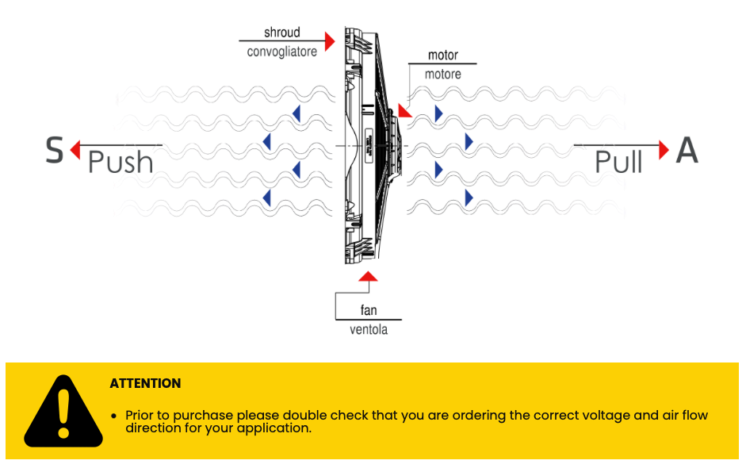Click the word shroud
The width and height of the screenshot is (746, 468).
tap(282, 33)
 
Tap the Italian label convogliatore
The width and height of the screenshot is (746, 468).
tap(281, 52)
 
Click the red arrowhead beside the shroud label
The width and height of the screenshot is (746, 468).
tap(331, 37)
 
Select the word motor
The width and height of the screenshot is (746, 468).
tap(442, 56)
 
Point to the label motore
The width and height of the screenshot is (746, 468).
tap(442, 74)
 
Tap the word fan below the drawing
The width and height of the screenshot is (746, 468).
tap(369, 310)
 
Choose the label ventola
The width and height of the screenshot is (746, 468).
tap(369, 329)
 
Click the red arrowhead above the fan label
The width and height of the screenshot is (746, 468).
tap(368, 275)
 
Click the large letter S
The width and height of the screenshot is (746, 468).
tap(54, 150)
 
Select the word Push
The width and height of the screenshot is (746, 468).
tap(120, 163)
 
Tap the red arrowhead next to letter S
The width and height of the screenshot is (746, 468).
tap(75, 148)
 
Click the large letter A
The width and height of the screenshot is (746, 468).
tap(687, 150)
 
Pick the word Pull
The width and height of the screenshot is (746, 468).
tap(618, 163)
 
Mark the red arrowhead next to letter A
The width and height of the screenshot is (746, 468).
tap(664, 148)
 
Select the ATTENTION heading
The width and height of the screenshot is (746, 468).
tap(145, 383)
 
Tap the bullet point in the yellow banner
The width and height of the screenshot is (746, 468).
tap(114, 416)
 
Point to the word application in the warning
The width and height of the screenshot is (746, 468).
tap(274, 428)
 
